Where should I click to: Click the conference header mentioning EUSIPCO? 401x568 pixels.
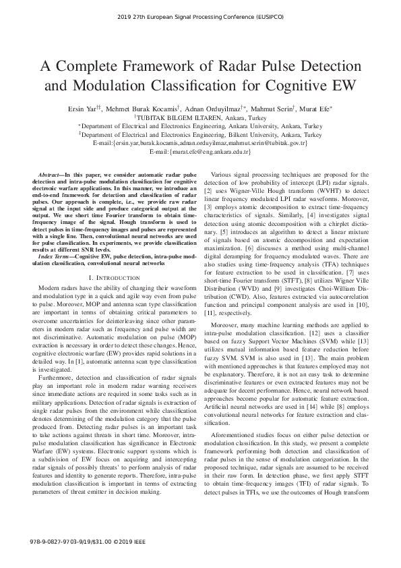[200, 15]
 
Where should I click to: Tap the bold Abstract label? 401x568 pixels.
[50, 175]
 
